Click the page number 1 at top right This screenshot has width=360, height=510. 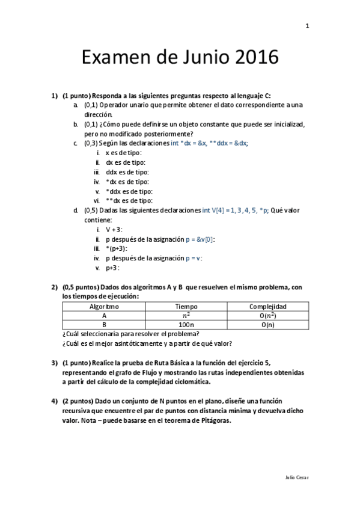point(307,26)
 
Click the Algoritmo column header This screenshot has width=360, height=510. point(104,306)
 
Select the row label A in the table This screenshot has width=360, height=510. point(104,315)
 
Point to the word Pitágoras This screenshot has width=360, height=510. point(210,420)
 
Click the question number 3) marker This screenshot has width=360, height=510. point(54,363)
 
